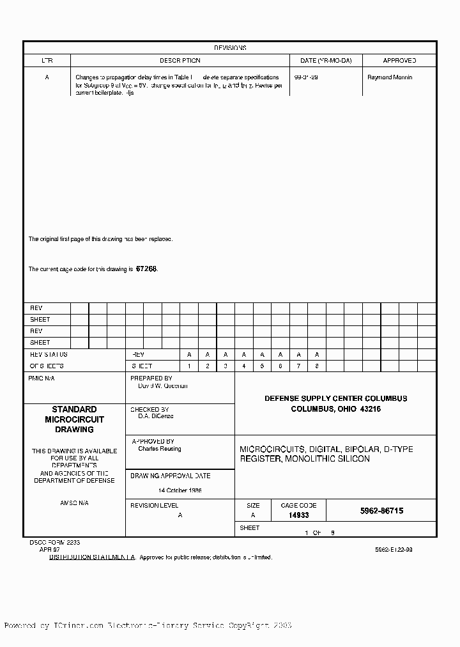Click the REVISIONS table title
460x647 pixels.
[x=230, y=48]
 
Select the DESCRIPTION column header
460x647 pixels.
[x=180, y=61]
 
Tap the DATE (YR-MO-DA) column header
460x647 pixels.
[x=326, y=61]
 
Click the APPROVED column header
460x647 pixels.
[x=399, y=61]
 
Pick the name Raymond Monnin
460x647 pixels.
[x=390, y=77]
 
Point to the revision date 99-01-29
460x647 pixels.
[x=306, y=77]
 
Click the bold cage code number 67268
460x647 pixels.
[x=146, y=269]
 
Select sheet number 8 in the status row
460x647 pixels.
[x=317, y=366]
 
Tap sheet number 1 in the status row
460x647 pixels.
[x=189, y=366]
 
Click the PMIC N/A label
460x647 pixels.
[x=42, y=378]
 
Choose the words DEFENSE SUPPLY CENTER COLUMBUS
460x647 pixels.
[x=335, y=398]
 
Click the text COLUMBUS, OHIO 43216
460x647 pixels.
[x=335, y=409]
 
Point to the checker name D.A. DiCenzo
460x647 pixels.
[x=156, y=416]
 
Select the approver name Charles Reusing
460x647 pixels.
[x=159, y=449]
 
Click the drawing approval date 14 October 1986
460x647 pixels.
[x=180, y=490]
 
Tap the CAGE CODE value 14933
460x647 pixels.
[x=298, y=515]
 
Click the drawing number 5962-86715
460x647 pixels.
[x=381, y=511]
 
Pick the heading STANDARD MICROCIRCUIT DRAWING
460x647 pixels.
[x=74, y=419]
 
